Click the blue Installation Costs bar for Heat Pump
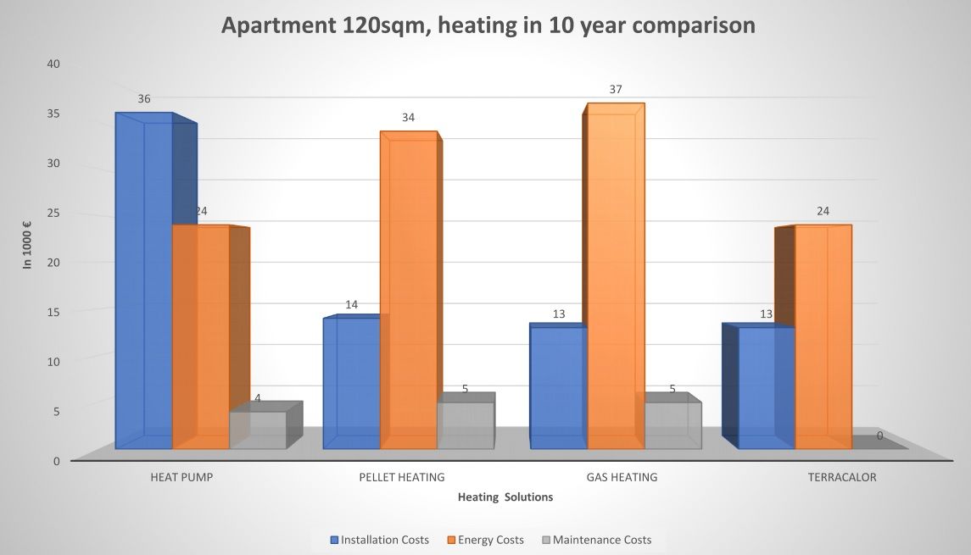[144, 280]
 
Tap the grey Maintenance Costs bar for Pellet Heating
[465, 425]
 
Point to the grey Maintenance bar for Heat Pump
[258, 430]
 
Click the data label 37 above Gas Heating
[616, 89]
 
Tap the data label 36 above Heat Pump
[144, 99]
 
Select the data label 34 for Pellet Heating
[408, 117]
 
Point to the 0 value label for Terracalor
[879, 436]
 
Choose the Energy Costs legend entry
[491, 540]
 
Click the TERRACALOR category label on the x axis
[842, 477]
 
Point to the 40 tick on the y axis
[53, 64]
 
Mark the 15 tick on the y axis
[53, 312]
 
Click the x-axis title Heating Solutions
[505, 497]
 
